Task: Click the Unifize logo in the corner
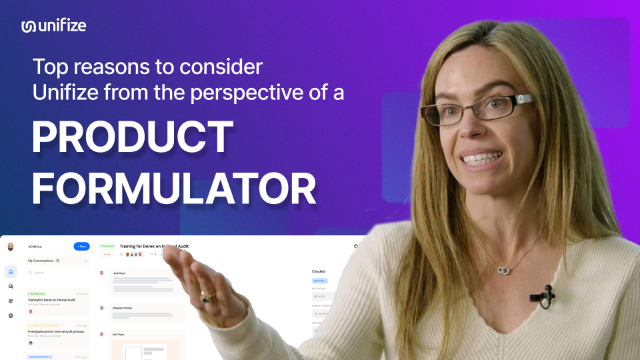53,26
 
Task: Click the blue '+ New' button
81,246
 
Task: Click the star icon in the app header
356,246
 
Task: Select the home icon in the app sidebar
11,272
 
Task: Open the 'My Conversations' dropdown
85,261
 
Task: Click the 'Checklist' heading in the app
321,271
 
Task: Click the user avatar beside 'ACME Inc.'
11,247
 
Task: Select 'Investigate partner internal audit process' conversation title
56,331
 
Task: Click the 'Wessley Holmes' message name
123,308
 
